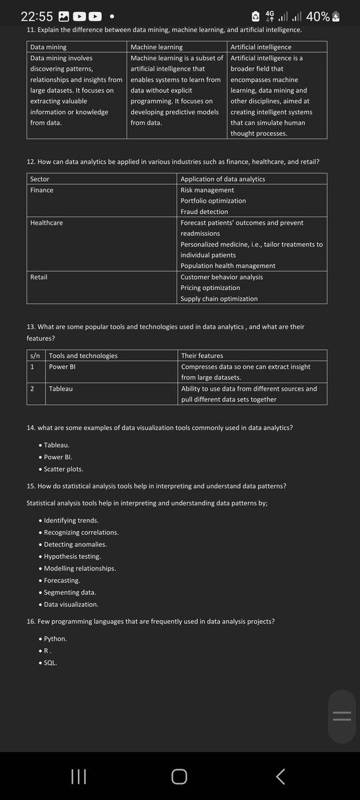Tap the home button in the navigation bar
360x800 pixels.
(179, 776)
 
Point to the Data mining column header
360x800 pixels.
(48, 47)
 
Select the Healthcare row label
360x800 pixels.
(47, 223)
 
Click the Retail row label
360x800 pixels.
(39, 277)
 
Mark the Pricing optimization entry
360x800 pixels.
(210, 287)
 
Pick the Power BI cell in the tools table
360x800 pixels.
(63, 367)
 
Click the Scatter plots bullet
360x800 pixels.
(63, 469)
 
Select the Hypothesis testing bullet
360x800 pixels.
(72, 556)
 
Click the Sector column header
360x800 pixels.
(40, 179)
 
